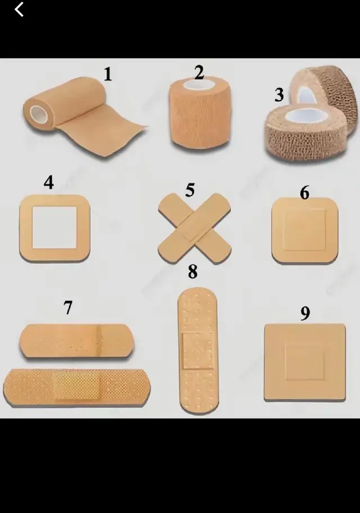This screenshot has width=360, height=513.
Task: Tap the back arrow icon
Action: (19, 9)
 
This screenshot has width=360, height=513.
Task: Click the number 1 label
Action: (107, 74)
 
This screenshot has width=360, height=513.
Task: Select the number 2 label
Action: (199, 73)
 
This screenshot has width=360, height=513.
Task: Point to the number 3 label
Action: (279, 94)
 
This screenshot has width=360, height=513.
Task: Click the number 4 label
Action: (49, 183)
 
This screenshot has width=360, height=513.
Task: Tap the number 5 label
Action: (190, 190)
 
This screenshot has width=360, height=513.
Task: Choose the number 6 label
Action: (304, 192)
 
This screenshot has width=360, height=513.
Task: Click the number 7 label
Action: (67, 308)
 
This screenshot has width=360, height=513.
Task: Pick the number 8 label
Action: (193, 272)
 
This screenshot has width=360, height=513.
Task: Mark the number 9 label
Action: (305, 313)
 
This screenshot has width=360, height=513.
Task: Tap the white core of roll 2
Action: (199, 84)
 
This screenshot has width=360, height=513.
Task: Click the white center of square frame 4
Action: (55, 227)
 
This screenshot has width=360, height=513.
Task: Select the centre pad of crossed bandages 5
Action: (194, 228)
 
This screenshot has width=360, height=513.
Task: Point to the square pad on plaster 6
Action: (304, 230)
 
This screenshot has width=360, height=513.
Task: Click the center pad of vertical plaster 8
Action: (197, 351)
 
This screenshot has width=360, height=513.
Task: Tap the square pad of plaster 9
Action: (305, 362)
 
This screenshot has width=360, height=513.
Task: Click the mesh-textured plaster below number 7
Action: (77, 388)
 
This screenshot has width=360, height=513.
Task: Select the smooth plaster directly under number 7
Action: (77, 341)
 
